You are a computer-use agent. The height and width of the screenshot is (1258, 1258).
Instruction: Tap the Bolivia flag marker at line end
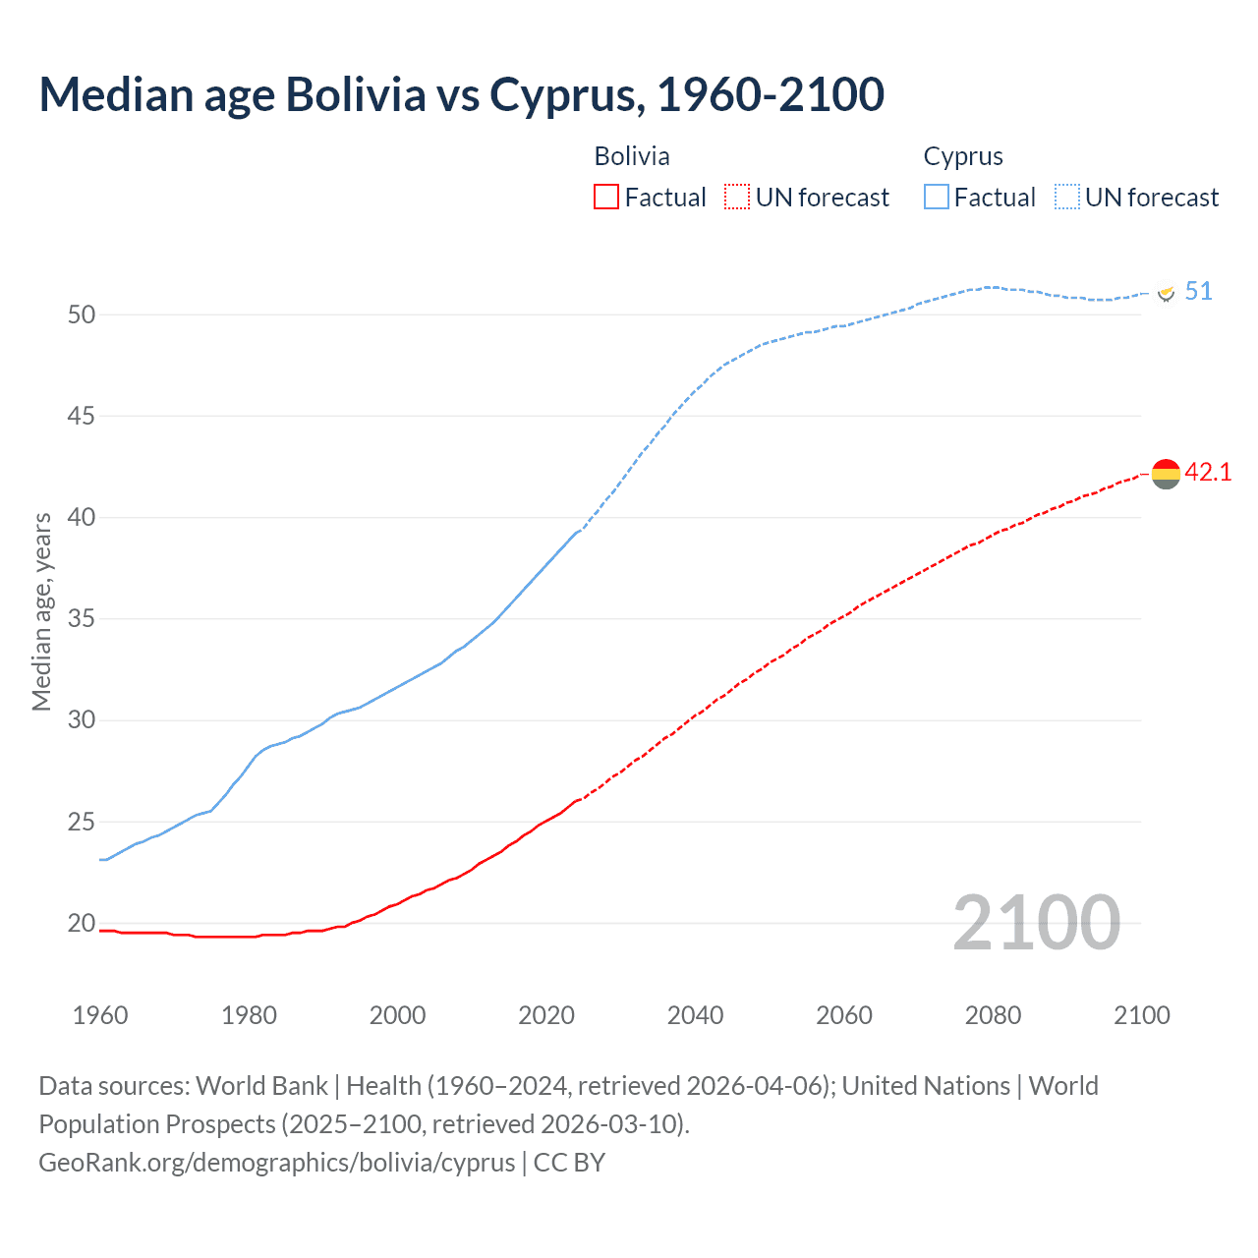[1166, 474]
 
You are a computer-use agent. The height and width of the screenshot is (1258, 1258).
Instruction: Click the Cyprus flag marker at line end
[1167, 293]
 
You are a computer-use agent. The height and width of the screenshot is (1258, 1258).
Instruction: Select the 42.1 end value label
[1208, 473]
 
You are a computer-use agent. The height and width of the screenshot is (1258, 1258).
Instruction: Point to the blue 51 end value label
[1198, 292]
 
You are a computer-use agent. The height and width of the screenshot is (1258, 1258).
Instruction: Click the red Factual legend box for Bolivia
[606, 198]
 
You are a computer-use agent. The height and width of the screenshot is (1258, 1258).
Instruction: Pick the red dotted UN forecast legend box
[737, 198]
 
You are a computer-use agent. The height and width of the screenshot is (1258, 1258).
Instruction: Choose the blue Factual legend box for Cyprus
[937, 198]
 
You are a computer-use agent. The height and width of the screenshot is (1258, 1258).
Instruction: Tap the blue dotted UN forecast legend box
[1067, 198]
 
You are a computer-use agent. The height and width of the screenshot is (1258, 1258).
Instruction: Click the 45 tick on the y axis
[82, 417]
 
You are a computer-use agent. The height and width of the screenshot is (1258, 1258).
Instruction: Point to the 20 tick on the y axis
[82, 923]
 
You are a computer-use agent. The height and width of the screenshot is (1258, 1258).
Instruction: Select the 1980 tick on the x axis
[249, 1015]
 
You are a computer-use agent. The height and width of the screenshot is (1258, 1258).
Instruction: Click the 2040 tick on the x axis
[695, 1015]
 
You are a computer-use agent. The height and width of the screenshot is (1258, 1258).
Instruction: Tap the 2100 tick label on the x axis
[1141, 1015]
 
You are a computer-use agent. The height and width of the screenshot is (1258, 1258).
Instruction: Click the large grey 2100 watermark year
[1036, 923]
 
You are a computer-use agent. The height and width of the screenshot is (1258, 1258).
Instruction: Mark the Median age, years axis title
[41, 611]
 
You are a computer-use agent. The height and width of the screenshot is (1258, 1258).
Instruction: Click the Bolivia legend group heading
[632, 156]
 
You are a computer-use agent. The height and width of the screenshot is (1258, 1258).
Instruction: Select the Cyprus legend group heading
[963, 156]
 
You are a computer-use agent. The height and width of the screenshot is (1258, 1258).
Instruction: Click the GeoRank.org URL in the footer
[276, 1163]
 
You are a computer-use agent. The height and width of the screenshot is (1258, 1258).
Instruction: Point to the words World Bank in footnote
[261, 1086]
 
